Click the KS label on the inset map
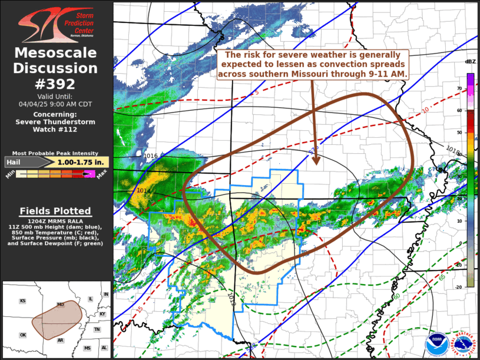point(22,301)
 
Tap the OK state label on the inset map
point(23,335)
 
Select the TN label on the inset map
point(97,329)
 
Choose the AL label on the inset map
point(104,348)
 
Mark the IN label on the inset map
point(106,294)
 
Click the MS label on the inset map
point(88,348)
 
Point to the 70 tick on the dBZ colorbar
point(460,88)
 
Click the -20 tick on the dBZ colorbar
point(459,287)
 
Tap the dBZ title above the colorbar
point(470,62)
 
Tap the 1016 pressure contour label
point(151,156)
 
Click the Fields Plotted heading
point(55,211)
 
